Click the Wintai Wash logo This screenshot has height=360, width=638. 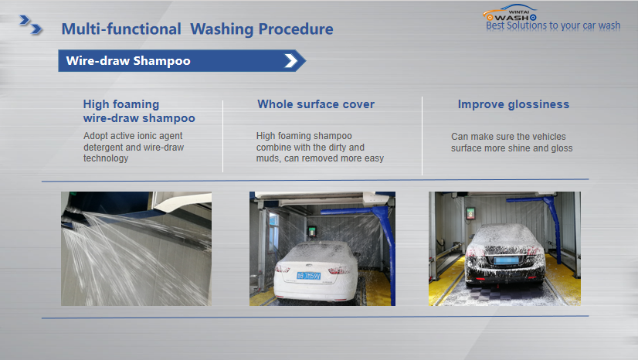point(511,13)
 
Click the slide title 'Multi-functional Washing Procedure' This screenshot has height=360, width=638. point(197,29)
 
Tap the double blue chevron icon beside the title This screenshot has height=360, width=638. point(31,25)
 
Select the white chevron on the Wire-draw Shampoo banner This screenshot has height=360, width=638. point(291,60)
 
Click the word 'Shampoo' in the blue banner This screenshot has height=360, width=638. point(161,61)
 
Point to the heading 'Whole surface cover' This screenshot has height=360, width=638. point(316,104)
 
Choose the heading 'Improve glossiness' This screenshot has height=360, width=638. point(514,104)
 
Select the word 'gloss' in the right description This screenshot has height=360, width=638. point(562,148)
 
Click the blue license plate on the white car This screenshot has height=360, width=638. point(308,276)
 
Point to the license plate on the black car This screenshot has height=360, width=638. point(506,260)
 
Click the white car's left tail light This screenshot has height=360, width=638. point(283,269)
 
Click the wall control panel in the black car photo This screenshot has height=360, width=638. point(470,213)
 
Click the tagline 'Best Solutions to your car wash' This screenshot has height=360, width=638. point(553,25)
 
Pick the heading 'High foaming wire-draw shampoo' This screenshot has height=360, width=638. point(139,111)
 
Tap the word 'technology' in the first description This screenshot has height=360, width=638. point(106,158)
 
